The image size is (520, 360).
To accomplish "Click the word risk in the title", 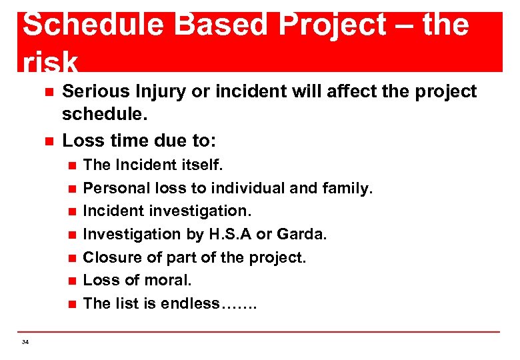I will click(50, 63).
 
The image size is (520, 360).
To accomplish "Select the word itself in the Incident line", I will click(203, 165).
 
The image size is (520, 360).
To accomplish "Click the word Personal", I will click(113, 188).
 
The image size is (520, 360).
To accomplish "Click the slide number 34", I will click(25, 342).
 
